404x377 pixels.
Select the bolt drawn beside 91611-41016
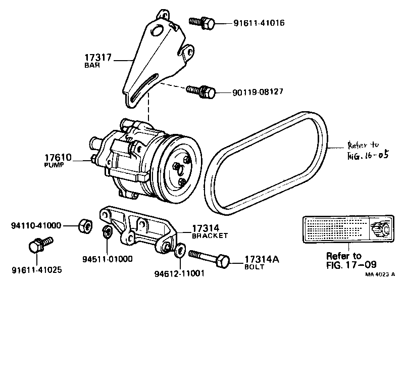(202, 22)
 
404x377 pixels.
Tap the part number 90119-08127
(258, 92)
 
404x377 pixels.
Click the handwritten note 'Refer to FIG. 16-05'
(368, 150)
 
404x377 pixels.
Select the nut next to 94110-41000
(84, 225)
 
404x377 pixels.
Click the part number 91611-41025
(37, 270)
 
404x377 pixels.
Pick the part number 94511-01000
(108, 259)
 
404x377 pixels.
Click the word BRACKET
(210, 235)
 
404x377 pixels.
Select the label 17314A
(262, 259)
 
